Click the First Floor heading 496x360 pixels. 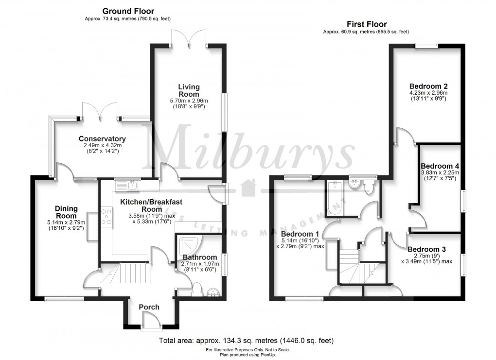pos(366,24)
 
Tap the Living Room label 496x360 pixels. pos(189,90)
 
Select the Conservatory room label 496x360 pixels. pos(102,139)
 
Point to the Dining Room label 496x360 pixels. pos(66,212)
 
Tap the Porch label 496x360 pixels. pos(149,307)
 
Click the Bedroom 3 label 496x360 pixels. pos(426,249)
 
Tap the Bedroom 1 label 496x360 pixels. pos(299,233)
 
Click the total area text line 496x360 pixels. pos(247,340)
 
